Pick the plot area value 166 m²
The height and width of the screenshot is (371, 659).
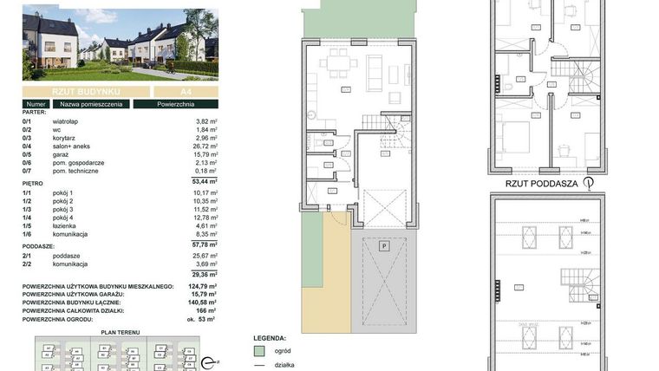[205, 310]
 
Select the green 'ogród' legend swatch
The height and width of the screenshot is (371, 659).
[258, 352]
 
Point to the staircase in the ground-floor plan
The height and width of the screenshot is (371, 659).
[398, 130]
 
